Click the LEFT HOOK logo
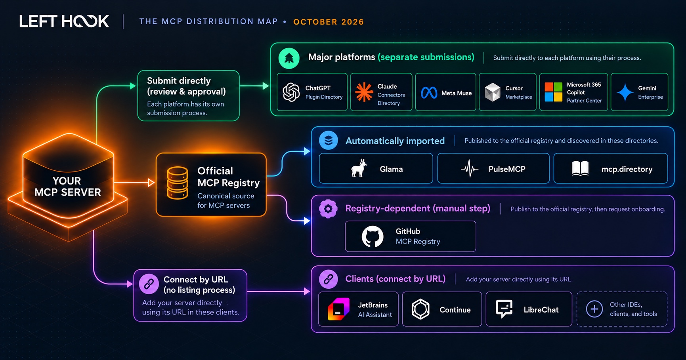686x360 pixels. click(64, 21)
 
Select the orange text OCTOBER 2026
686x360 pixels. click(329, 22)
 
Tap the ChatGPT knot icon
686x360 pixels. click(291, 92)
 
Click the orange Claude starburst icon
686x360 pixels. click(364, 92)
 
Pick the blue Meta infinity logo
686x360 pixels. click(429, 93)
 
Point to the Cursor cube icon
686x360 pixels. click(493, 92)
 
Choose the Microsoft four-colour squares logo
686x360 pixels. click(553, 92)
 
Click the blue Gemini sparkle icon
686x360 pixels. click(625, 92)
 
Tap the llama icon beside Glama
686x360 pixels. click(359, 168)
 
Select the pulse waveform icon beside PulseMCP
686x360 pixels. click(470, 169)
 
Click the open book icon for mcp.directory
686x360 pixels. click(580, 169)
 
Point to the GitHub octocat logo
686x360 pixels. click(373, 236)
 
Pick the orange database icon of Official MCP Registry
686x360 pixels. click(177, 183)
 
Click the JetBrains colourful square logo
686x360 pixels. click(338, 309)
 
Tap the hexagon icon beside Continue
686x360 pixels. click(420, 309)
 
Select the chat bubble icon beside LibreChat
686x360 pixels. click(504, 309)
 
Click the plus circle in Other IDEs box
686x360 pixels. click(594, 309)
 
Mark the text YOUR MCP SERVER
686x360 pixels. click(67, 187)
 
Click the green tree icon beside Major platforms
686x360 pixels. click(289, 58)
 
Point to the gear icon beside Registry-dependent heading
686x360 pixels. click(328, 209)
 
